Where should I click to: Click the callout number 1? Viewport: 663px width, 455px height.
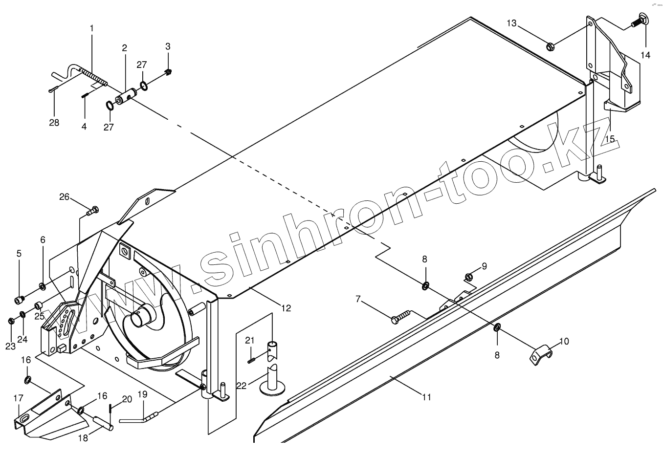click(91, 29)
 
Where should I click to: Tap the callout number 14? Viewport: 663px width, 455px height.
click(645, 55)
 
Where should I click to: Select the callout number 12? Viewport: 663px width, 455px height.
click(286, 308)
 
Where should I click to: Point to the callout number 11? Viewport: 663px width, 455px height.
click(427, 397)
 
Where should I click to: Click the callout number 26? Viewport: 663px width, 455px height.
click(65, 197)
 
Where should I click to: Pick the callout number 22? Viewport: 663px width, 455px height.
click(242, 386)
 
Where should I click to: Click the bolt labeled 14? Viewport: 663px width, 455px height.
click(638, 21)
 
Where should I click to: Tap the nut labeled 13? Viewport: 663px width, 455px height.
click(550, 47)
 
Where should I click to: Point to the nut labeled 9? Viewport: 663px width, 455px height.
click(468, 278)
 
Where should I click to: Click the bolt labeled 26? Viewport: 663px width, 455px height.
click(92, 211)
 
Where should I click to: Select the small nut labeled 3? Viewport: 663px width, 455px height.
click(168, 73)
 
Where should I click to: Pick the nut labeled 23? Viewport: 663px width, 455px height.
click(11, 322)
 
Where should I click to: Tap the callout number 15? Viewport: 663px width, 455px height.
click(609, 139)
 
